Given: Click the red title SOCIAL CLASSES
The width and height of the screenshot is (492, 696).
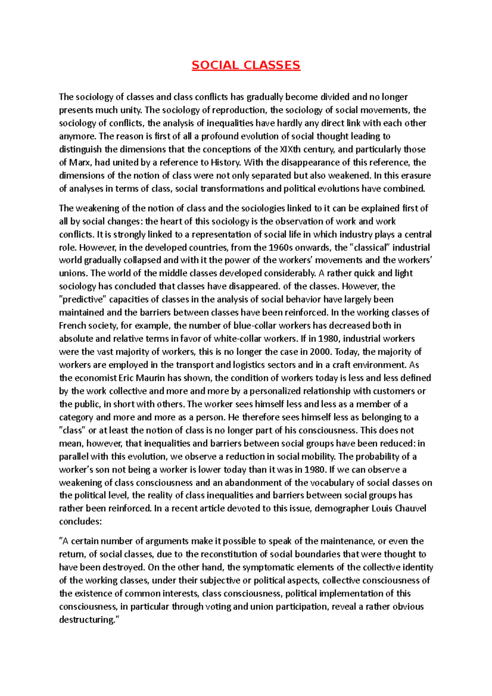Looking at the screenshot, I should (x=246, y=65).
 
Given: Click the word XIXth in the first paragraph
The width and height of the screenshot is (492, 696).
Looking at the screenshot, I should (x=290, y=149).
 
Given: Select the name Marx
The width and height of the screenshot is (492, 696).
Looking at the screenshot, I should (x=81, y=162).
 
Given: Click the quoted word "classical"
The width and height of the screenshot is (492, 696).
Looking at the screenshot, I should (x=371, y=248).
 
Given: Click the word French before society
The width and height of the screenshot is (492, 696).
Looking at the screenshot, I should (x=73, y=325).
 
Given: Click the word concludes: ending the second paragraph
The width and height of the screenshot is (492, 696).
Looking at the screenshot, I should (x=80, y=522).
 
